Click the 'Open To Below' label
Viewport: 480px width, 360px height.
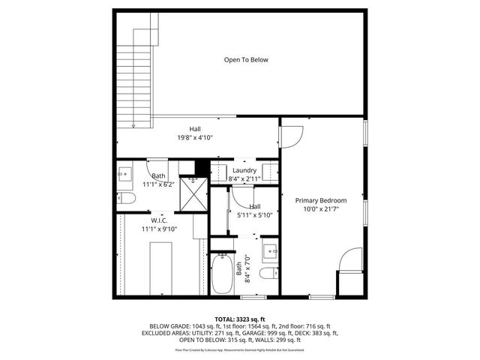click(245, 60)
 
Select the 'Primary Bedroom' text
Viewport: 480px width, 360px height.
click(320, 200)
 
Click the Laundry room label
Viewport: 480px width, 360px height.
click(244, 171)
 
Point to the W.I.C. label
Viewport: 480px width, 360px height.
click(158, 220)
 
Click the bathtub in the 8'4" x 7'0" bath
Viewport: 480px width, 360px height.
click(222, 274)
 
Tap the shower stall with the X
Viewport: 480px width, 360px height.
click(196, 196)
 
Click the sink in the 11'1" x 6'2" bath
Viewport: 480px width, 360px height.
click(124, 175)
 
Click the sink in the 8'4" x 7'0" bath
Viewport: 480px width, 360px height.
click(270, 250)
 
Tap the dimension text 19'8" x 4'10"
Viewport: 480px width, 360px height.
click(194, 138)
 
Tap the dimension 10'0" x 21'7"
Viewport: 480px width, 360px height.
click(320, 210)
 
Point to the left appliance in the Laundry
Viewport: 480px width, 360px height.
click(219, 171)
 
